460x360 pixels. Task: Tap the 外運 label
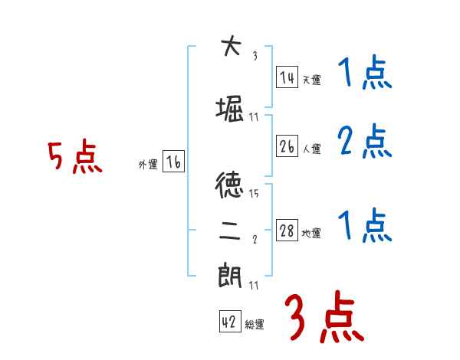(x=148, y=165)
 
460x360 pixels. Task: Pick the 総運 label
(x=255, y=326)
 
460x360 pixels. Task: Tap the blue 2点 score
(x=364, y=142)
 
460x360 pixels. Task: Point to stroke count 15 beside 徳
(x=254, y=193)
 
